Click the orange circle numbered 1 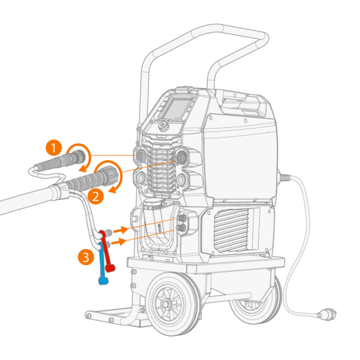54,148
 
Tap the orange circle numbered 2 95,197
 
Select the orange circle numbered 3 86,257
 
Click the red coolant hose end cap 110,268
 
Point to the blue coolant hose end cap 103,281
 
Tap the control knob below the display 163,126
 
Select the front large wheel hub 166,304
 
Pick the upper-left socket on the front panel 140,155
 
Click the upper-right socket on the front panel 182,157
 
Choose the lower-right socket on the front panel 181,180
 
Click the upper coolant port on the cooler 181,218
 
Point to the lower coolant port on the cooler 181,228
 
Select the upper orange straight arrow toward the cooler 121,230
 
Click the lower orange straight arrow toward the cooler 119,242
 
